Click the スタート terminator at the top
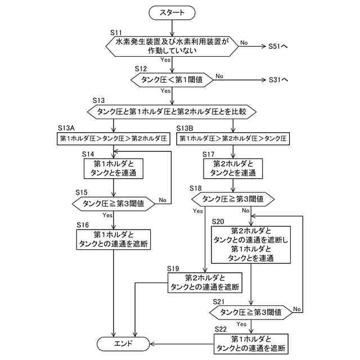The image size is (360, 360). [172, 12]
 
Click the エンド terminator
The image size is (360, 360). [123, 344]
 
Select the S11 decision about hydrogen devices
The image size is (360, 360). [172, 46]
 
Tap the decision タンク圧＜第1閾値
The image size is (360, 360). [172, 80]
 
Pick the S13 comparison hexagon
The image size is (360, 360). [172, 112]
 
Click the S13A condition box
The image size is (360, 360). [114, 138]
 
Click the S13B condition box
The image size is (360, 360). [233, 138]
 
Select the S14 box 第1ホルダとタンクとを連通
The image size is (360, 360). [114, 169]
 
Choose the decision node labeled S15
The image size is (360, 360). [114, 204]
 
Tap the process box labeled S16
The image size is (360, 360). [114, 240]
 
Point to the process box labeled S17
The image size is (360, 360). [233, 169]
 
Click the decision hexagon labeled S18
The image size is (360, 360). [233, 199]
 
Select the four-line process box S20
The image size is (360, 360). [251, 245]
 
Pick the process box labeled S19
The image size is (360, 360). [205, 282]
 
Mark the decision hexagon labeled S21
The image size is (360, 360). [251, 313]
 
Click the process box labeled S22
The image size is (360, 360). [251, 344]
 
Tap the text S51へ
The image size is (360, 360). [278, 46]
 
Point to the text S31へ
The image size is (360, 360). [278, 80]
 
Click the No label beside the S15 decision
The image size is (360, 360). [163, 200]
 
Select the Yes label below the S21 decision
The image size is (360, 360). [241, 324]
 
